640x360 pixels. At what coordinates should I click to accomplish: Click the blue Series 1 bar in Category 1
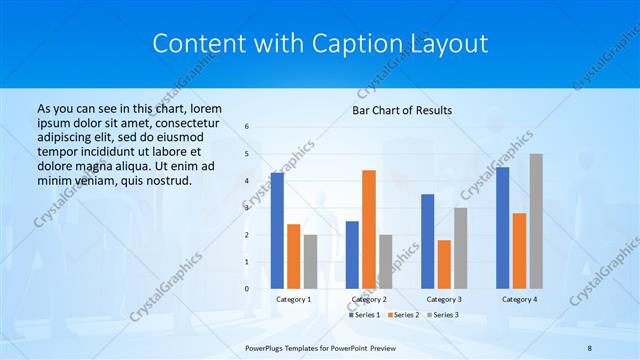click(x=277, y=230)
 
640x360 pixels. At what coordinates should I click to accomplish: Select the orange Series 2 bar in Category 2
click(x=368, y=229)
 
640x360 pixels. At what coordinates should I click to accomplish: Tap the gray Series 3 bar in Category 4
click(x=536, y=221)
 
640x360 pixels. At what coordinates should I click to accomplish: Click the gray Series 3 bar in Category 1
click(x=310, y=261)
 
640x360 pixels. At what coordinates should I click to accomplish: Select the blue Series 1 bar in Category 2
click(x=352, y=254)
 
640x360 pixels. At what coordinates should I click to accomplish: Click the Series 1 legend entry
click(x=364, y=315)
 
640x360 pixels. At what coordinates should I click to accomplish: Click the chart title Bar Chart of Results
click(x=402, y=110)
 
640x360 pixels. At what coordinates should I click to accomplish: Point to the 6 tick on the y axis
click(x=247, y=127)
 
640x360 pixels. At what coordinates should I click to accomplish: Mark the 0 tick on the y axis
click(x=247, y=288)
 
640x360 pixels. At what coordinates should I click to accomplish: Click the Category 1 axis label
click(x=293, y=299)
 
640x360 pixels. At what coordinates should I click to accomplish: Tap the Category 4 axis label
click(x=518, y=299)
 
